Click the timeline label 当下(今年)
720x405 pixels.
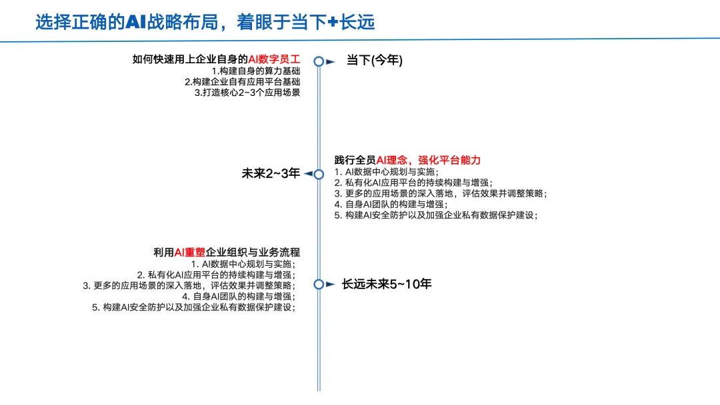[374, 61]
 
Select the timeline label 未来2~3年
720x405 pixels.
[271, 174]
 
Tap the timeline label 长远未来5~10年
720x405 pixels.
[387, 284]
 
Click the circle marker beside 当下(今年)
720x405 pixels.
[319, 61]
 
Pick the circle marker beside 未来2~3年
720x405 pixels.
[319, 175]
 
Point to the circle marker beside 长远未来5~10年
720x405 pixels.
[319, 284]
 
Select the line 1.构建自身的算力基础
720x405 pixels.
[256, 71]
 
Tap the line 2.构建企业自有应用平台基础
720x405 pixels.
[243, 81]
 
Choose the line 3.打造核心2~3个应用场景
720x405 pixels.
[247, 93]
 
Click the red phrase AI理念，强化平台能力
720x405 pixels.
[429, 160]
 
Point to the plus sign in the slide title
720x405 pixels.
[333, 23]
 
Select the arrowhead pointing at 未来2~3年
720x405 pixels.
[307, 175]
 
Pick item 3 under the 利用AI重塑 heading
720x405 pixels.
[189, 285]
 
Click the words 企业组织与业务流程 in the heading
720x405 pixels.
[253, 252]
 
